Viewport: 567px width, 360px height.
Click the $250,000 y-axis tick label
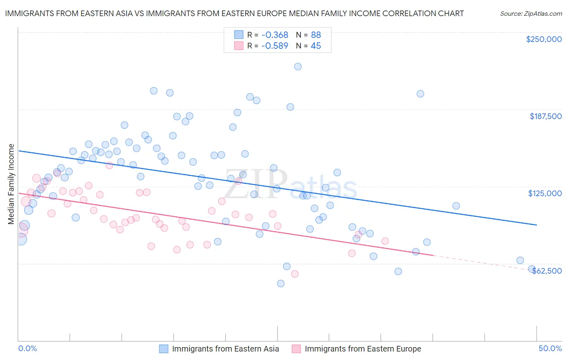pyautogui.click(x=544, y=39)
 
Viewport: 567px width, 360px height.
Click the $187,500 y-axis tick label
pyautogui.click(x=545, y=116)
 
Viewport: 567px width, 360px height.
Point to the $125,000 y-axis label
pyautogui.click(x=545, y=193)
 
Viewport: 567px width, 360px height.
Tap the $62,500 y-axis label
pyautogui.click(x=547, y=271)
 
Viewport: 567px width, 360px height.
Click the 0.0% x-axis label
pyautogui.click(x=27, y=348)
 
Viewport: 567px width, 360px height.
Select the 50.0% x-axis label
pyautogui.click(x=550, y=348)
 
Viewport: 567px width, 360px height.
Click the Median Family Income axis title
pyautogui.click(x=11, y=184)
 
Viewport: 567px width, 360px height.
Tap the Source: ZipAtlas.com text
pyautogui.click(x=531, y=13)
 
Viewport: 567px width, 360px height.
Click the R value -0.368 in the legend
pyautogui.click(x=275, y=35)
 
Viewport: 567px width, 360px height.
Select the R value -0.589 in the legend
pyautogui.click(x=275, y=46)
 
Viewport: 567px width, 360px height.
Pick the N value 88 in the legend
pyautogui.click(x=316, y=35)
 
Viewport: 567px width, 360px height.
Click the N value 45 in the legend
pyautogui.click(x=316, y=46)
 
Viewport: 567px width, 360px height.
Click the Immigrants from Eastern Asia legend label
pyautogui.click(x=225, y=349)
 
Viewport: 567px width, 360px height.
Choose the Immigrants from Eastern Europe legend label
pyautogui.click(x=363, y=349)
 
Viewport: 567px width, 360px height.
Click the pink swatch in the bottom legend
pyautogui.click(x=296, y=349)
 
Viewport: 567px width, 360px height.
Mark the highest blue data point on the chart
pyautogui.click(x=298, y=67)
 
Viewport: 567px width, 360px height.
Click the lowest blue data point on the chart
pyautogui.click(x=281, y=283)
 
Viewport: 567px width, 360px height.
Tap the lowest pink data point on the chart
pyautogui.click(x=295, y=274)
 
